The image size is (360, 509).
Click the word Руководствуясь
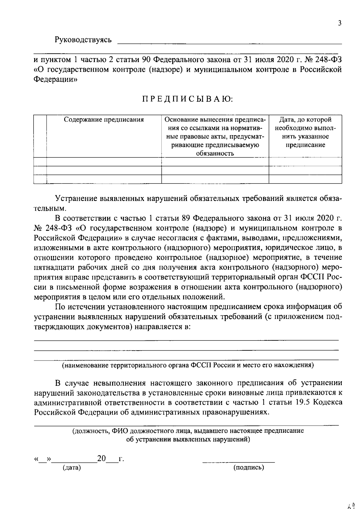(83, 40)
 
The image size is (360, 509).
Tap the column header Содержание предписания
(104, 120)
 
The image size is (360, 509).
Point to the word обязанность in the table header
(215, 154)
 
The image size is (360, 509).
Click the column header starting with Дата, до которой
(305, 120)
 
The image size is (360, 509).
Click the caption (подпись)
(249, 467)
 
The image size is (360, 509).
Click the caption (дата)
(71, 467)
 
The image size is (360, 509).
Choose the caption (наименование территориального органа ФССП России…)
(188, 365)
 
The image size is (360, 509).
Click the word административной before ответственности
(69, 402)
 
